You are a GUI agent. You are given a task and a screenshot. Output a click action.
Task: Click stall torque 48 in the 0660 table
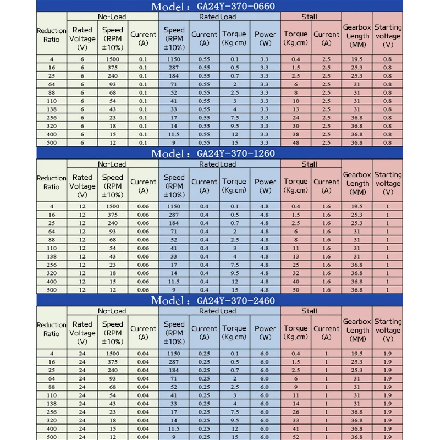tap(296, 142)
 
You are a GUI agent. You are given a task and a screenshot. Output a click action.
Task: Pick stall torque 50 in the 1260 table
tap(296, 290)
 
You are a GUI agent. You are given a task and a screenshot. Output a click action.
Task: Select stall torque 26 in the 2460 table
tap(296, 412)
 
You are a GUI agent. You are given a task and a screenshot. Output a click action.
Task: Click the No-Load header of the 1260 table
tap(112, 164)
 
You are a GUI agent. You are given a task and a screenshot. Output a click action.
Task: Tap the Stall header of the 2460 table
tap(309, 311)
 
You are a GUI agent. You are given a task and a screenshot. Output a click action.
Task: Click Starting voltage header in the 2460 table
tap(388, 326)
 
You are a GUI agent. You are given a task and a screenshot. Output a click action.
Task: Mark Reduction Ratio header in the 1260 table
tap(51, 182)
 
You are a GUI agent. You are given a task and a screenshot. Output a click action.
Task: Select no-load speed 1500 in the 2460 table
tap(112, 353)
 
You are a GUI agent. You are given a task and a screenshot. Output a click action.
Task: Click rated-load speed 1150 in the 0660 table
tap(174, 59)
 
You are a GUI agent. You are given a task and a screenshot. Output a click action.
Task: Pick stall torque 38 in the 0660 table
tap(296, 134)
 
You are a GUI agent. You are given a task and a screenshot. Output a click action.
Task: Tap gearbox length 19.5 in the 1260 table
tap(358, 206)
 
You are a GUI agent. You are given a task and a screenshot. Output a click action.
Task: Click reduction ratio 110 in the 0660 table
tap(51, 101)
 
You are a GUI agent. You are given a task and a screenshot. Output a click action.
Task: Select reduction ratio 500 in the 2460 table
tap(51, 437)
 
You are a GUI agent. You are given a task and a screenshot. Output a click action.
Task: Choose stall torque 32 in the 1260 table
tap(296, 273)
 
